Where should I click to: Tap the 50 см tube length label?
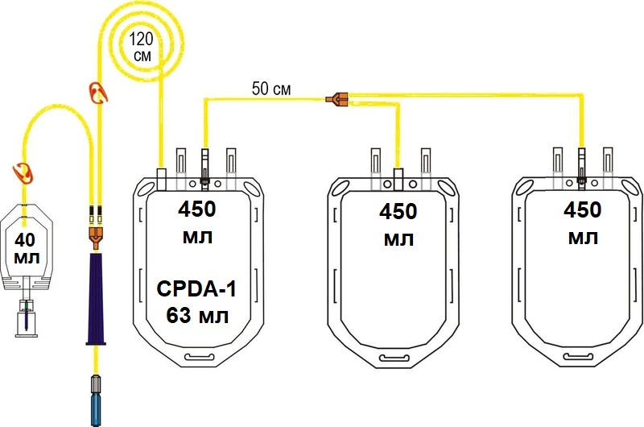pos(271,89)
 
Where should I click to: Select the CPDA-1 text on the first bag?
pos(196,288)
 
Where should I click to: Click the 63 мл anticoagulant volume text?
pos(196,315)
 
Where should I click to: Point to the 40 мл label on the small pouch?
pos(26,249)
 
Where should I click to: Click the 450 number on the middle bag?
pos(398,212)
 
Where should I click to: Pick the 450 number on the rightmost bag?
pos(582,210)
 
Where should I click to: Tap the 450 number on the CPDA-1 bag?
pos(196,210)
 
